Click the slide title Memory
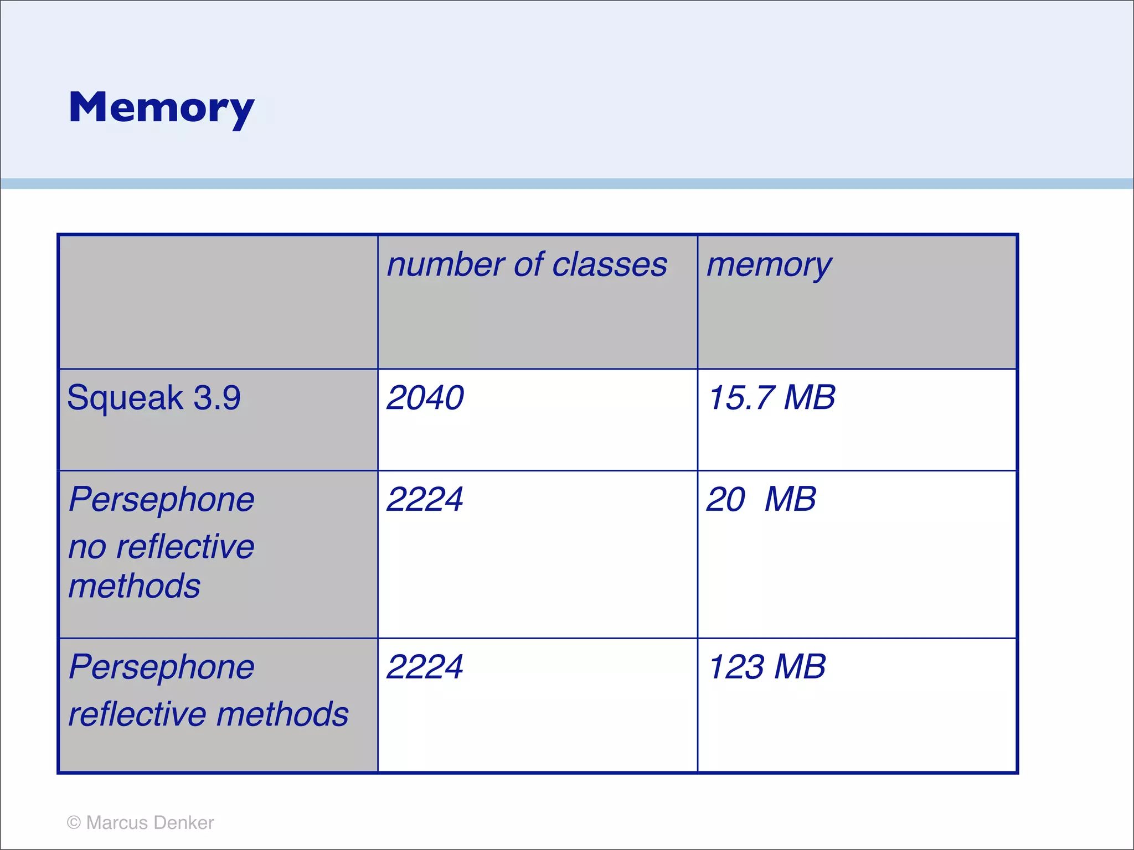(x=161, y=108)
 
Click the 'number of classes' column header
(x=527, y=265)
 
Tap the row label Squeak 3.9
(x=154, y=397)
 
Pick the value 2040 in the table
(x=425, y=397)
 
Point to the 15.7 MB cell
(x=771, y=397)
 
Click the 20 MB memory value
(x=761, y=499)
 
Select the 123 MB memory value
(x=767, y=666)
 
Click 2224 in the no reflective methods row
(x=425, y=499)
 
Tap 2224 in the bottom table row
(x=425, y=666)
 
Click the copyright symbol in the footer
(x=74, y=822)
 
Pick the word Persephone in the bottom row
(x=161, y=667)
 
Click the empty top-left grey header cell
(x=218, y=302)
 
